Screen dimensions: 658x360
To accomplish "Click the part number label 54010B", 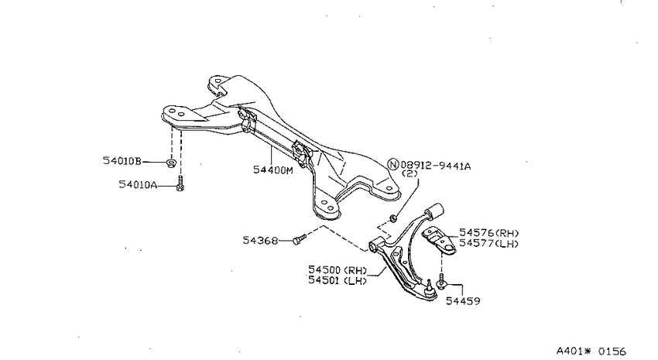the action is point(122,161).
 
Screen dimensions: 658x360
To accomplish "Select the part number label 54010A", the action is point(138,184).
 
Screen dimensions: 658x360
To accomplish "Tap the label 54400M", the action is point(273,170).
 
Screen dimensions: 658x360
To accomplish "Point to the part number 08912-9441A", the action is point(436,166).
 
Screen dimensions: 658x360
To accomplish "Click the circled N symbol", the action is point(392,164).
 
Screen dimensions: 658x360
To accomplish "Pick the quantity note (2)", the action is point(410,173).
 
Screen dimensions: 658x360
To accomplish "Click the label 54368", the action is point(260,241).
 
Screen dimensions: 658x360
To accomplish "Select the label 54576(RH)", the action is point(489,233).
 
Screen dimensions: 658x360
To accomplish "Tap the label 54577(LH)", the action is point(489,243).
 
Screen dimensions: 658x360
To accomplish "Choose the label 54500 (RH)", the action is point(338,269).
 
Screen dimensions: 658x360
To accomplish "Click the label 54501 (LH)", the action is point(338,280).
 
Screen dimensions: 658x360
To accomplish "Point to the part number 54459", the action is point(463,301).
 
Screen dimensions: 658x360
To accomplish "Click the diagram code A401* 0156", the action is point(591,351).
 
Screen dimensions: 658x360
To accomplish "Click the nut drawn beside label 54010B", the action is point(171,163).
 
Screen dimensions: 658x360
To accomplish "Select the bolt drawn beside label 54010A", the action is point(180,183).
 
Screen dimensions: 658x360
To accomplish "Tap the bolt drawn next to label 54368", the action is point(300,239).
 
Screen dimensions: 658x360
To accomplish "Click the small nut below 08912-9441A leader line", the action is point(392,218).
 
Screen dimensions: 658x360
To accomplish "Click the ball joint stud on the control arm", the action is point(429,286).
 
